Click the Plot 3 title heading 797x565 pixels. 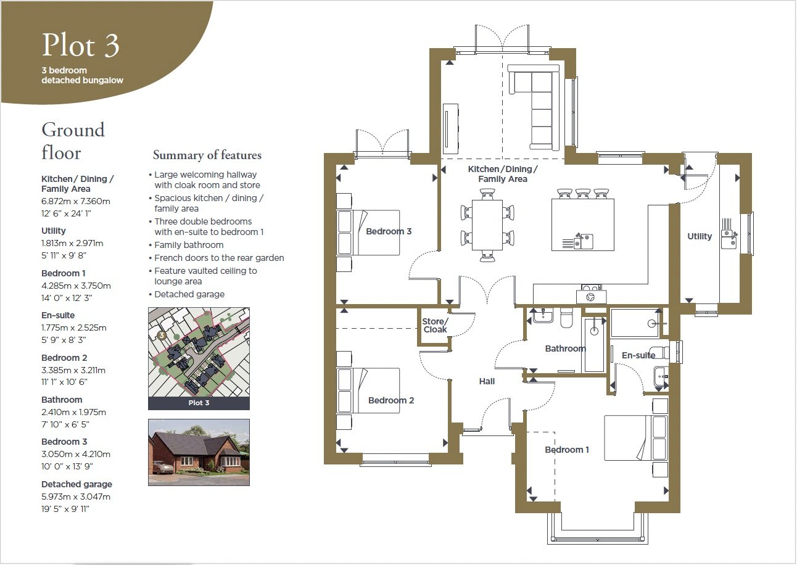click(80, 45)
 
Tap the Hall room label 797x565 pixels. click(487, 381)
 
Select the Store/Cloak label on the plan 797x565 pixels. click(435, 326)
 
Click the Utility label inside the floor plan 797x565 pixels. click(699, 236)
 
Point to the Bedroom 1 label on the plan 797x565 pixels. click(567, 450)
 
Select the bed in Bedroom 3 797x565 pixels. click(368, 233)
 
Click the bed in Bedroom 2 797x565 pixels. click(368, 390)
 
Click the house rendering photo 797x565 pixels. click(199, 452)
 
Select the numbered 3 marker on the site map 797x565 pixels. click(162, 335)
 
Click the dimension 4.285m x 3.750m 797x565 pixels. click(76, 286)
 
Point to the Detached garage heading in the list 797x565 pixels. click(76, 484)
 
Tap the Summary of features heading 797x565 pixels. click(207, 155)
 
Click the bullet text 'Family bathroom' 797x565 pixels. click(189, 245)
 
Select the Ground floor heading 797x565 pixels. click(73, 141)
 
